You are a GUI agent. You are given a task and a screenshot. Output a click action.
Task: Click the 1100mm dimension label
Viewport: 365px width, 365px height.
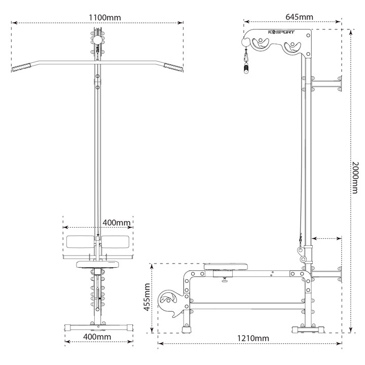point(105,18)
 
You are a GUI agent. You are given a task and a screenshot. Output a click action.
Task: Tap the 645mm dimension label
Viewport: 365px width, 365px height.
point(299,17)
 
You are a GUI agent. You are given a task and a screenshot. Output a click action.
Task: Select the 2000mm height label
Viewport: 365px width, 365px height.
point(355,177)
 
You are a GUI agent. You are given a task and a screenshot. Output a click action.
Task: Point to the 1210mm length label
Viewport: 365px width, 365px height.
point(253,338)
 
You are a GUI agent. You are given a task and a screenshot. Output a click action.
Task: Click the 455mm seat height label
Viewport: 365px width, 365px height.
point(147,297)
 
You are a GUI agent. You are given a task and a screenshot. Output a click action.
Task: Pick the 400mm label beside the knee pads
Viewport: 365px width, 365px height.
point(117,223)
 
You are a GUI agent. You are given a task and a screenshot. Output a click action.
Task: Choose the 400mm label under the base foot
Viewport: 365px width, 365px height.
point(97,337)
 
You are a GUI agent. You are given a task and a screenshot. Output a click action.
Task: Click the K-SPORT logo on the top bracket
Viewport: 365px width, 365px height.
point(281,32)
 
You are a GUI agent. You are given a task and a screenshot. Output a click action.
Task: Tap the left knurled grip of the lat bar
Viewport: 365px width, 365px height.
point(21,67)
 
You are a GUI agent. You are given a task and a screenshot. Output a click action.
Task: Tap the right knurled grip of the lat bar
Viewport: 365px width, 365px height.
point(173,67)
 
